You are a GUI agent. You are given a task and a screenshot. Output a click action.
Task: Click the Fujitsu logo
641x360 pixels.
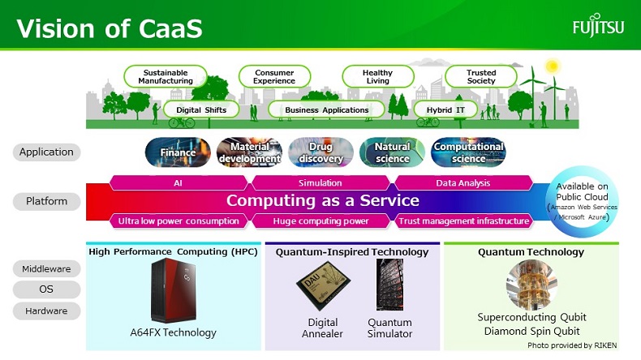click(x=598, y=25)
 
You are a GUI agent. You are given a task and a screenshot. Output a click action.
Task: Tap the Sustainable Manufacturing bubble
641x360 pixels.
click(x=166, y=76)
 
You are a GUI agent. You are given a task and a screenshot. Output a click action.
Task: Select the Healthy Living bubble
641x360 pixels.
click(x=378, y=76)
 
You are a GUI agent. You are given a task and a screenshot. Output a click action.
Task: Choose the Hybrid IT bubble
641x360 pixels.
click(x=445, y=110)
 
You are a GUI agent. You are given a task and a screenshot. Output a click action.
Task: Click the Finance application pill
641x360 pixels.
click(x=178, y=152)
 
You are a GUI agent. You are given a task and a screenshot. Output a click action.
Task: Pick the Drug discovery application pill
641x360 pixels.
click(x=321, y=152)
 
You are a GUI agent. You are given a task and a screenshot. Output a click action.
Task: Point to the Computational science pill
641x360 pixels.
click(x=468, y=152)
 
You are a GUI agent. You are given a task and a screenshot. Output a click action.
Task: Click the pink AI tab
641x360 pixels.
click(x=179, y=182)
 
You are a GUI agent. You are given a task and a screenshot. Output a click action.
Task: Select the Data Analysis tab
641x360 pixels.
click(x=463, y=182)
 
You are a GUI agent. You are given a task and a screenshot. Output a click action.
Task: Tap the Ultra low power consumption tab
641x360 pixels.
click(x=179, y=221)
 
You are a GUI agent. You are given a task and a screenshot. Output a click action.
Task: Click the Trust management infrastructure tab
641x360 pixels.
click(x=463, y=221)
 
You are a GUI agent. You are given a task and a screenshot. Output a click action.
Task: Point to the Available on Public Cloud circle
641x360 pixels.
click(x=582, y=201)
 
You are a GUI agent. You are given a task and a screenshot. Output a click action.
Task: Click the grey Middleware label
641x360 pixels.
click(x=46, y=269)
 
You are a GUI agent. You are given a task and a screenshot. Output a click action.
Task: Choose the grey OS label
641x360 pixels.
click(x=46, y=289)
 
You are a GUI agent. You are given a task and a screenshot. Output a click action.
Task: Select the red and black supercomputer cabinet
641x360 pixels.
click(x=174, y=290)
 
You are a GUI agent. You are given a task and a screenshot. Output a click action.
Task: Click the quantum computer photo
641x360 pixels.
click(x=531, y=285)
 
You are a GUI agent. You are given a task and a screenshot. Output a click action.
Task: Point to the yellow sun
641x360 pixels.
click(x=553, y=66)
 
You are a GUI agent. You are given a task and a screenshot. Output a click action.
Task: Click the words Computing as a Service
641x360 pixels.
click(x=323, y=200)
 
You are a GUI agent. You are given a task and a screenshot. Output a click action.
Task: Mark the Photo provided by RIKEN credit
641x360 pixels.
click(x=572, y=345)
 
